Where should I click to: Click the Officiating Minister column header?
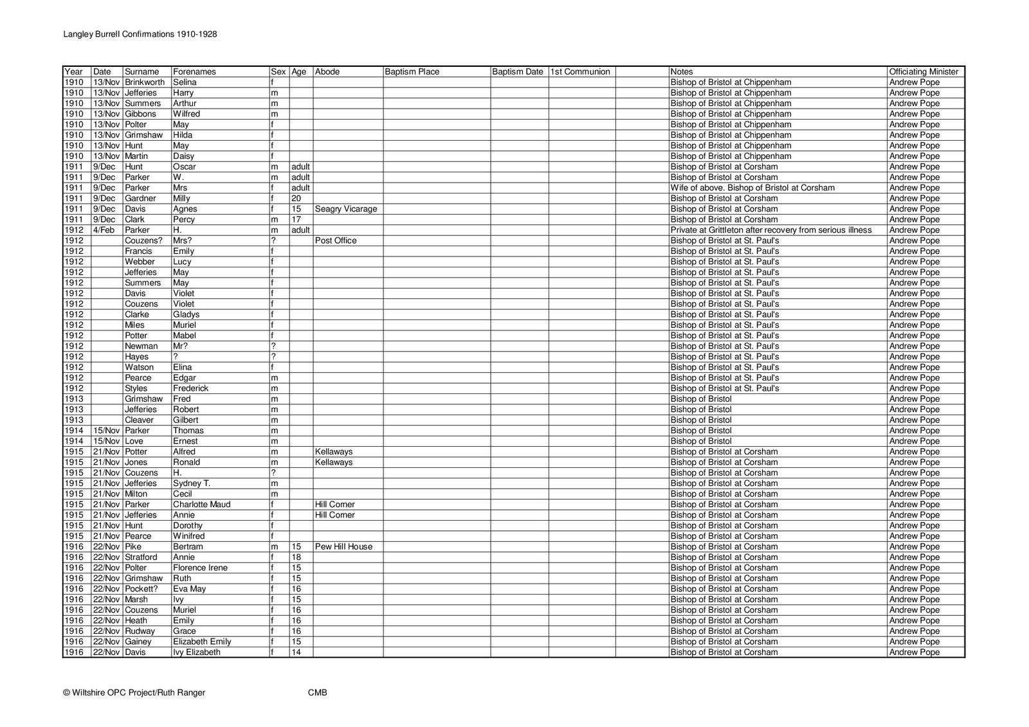click(924, 72)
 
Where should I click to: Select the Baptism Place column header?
click(412, 72)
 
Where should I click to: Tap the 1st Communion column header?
click(580, 72)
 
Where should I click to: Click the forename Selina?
click(185, 82)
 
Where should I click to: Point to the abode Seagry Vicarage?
click(346, 209)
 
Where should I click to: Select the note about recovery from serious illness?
click(770, 230)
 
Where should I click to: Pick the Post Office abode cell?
click(336, 240)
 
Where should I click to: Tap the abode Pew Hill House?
click(344, 546)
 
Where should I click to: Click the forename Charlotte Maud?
click(201, 505)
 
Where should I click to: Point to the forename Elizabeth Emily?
click(202, 642)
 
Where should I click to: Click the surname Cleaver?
click(139, 420)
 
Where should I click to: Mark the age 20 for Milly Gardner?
click(296, 199)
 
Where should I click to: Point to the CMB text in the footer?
click(318, 692)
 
